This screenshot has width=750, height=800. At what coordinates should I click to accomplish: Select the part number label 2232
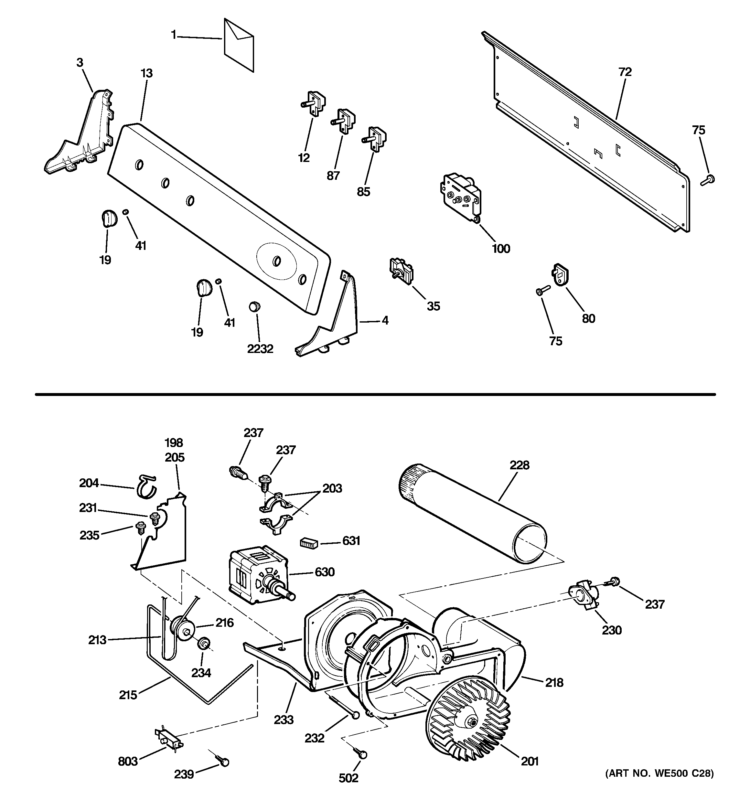coord(260,349)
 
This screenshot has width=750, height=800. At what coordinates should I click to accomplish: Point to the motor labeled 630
coord(258,576)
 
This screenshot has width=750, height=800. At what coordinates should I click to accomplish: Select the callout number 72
coord(625,72)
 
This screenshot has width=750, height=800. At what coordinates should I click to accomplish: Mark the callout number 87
coord(333,176)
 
